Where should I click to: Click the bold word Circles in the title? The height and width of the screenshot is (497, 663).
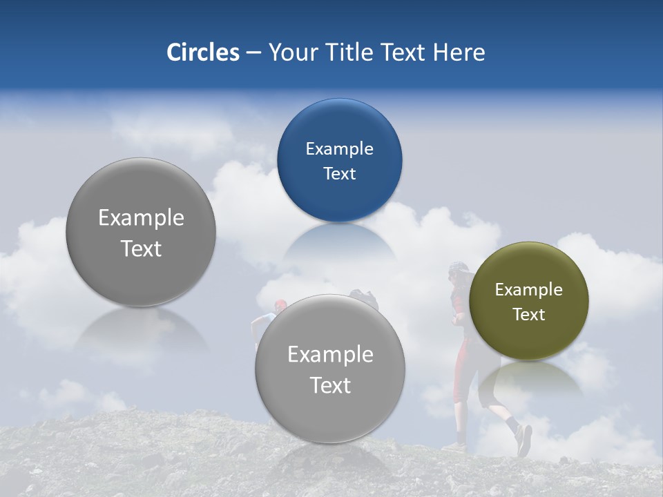point(202,52)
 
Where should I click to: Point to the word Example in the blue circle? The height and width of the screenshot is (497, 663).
point(339,148)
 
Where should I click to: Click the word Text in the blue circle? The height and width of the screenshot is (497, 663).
point(339,173)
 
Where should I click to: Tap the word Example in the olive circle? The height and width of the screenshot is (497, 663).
point(528,289)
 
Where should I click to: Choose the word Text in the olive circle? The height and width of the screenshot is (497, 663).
point(528,314)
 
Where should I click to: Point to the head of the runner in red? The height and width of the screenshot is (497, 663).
point(458,273)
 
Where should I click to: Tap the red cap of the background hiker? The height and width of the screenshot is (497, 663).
point(279,304)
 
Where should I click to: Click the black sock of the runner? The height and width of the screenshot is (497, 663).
point(512,422)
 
